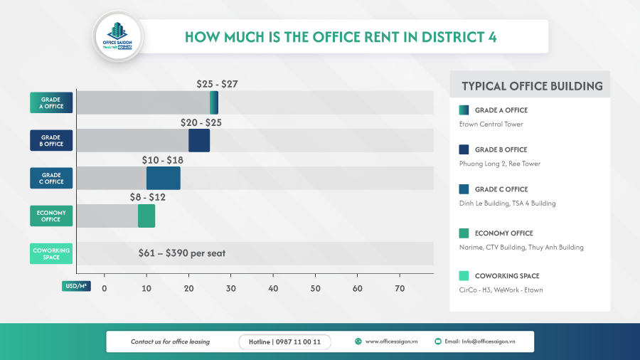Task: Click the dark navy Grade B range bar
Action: [199, 140]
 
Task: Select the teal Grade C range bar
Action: [164, 178]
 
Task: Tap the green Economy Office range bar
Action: [146, 216]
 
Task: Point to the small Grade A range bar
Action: [214, 102]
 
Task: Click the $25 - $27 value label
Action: [217, 84]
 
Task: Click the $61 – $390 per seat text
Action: [181, 253]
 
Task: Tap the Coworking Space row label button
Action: [51, 253]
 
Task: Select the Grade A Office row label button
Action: [51, 102]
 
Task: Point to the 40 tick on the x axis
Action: [273, 288]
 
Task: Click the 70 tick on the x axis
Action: [400, 288]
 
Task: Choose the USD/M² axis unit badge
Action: [76, 286]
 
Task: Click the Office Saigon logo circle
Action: [118, 36]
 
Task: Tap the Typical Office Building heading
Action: [532, 86]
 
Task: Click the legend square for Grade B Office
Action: [464, 149]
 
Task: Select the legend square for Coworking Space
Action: [464, 275]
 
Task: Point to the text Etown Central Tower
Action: [491, 125]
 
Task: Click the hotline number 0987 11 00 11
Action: [284, 342]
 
